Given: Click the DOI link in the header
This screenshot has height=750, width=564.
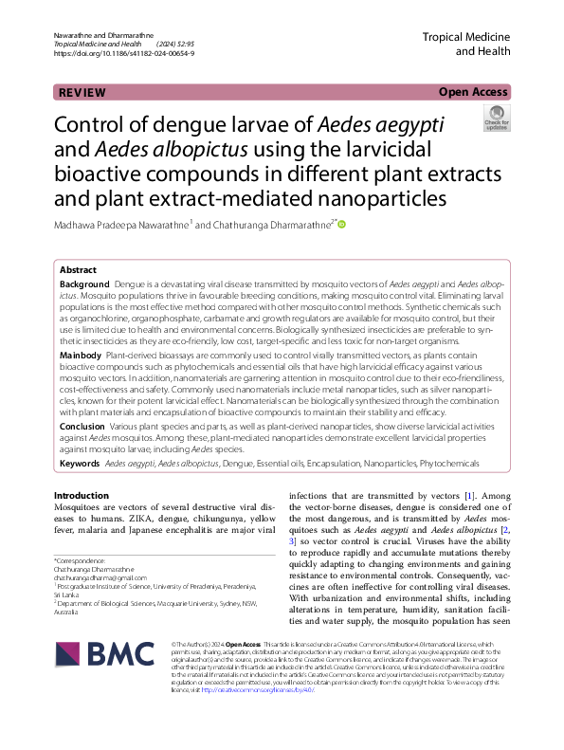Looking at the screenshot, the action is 124,54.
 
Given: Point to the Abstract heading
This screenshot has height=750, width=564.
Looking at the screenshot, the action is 78,269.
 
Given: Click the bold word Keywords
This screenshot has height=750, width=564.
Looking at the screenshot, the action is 81,464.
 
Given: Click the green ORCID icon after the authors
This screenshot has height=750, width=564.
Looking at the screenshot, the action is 342,225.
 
